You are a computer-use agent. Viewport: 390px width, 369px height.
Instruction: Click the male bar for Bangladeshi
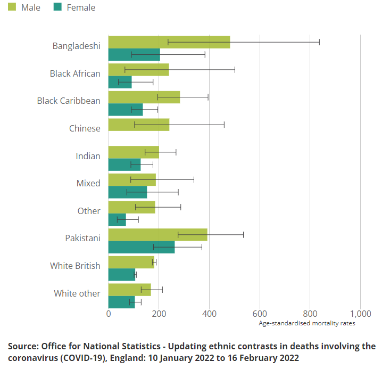169,42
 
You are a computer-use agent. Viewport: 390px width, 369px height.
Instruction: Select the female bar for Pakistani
141,247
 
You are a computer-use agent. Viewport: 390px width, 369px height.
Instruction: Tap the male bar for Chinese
138,125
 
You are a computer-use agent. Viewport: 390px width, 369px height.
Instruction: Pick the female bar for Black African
120,82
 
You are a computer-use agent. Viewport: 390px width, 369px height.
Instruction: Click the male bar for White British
131,262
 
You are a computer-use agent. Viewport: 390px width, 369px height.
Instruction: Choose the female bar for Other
117,219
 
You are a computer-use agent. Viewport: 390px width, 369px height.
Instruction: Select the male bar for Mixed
132,179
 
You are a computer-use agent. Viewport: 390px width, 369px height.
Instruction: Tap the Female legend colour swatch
57,7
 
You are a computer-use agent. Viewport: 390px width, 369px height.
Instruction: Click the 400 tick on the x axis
209,313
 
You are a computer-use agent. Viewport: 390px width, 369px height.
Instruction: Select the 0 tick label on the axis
109,313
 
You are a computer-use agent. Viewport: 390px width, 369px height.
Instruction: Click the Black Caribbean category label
69,101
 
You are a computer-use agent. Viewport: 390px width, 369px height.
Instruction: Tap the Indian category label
88,156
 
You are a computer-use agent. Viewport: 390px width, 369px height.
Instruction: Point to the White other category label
77,293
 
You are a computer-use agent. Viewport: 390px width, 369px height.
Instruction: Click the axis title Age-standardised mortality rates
306,323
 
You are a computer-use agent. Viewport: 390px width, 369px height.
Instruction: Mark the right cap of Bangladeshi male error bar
319,42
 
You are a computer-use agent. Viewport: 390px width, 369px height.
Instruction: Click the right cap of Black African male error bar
235,69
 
